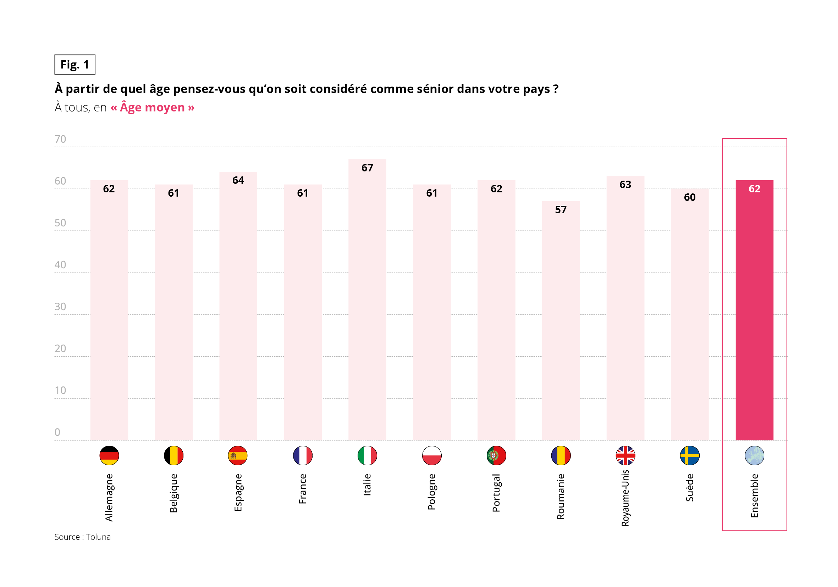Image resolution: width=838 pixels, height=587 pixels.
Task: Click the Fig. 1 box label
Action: click(x=75, y=65)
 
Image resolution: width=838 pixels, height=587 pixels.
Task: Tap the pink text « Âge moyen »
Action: click(x=152, y=107)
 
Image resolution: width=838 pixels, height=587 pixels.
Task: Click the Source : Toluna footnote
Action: click(x=82, y=537)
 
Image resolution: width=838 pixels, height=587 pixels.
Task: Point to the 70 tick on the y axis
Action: click(x=60, y=139)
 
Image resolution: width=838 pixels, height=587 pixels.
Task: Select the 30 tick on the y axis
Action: click(x=60, y=307)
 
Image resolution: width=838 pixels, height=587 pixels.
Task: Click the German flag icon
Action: click(x=109, y=456)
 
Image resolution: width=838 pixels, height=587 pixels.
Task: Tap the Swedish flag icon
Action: click(x=689, y=456)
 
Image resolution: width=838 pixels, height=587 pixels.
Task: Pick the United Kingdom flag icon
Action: click(x=625, y=456)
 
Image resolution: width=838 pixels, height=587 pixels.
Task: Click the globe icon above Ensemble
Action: click(x=754, y=456)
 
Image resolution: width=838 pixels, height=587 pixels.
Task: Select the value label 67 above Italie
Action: click(x=367, y=168)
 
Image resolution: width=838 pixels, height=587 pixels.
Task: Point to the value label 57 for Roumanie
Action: click(x=561, y=210)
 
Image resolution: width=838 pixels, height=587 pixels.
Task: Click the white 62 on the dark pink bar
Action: click(x=754, y=189)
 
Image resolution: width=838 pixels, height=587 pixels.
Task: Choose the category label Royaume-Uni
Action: click(x=625, y=498)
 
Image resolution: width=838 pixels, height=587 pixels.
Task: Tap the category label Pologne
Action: click(x=432, y=492)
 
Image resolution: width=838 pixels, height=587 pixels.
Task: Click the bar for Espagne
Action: click(x=238, y=310)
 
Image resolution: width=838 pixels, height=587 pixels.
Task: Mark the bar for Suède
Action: click(x=689, y=318)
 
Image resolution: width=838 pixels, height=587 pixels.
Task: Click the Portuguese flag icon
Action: click(x=496, y=456)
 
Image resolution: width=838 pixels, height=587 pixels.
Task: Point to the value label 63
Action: click(x=625, y=185)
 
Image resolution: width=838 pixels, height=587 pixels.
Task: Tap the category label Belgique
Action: click(x=174, y=493)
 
